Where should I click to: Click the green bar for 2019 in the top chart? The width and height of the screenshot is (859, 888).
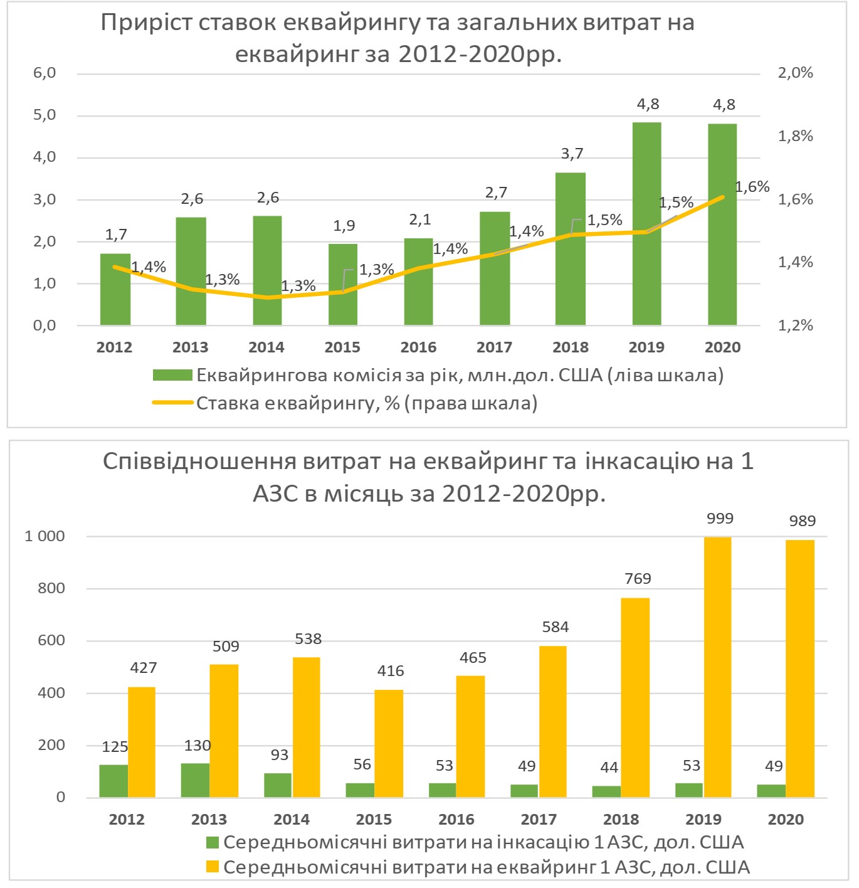(x=646, y=223)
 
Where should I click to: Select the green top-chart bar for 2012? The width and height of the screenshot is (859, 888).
(x=115, y=289)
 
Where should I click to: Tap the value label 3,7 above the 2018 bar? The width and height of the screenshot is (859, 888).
(x=572, y=154)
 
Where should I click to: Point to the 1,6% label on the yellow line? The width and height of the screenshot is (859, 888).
(x=752, y=187)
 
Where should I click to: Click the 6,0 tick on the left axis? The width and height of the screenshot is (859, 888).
(x=45, y=73)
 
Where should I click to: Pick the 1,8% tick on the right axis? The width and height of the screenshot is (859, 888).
(x=795, y=136)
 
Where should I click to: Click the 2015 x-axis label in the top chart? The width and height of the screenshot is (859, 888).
(x=342, y=347)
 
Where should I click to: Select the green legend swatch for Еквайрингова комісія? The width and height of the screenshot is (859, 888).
(x=172, y=376)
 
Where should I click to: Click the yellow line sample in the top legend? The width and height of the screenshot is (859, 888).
(x=172, y=403)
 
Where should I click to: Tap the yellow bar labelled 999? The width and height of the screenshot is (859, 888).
(x=717, y=667)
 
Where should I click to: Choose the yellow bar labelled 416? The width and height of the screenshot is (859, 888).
(x=389, y=744)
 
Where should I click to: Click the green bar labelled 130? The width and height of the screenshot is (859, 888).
(x=195, y=780)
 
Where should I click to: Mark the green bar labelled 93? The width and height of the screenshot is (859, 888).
(x=278, y=785)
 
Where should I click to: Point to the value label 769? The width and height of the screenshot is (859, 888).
(x=638, y=579)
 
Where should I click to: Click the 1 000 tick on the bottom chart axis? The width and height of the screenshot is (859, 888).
(x=45, y=536)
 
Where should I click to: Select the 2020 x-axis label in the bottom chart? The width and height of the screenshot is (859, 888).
(x=786, y=820)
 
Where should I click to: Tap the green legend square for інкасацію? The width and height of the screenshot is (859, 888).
(x=213, y=842)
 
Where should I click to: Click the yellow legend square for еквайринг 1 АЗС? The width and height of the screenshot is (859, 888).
(x=213, y=867)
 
